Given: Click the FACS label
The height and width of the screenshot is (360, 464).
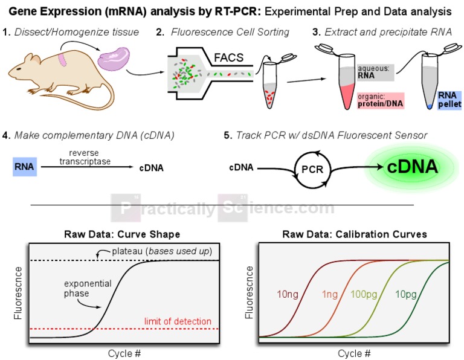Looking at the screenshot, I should (228, 58).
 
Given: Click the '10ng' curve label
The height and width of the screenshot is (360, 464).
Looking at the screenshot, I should (288, 295).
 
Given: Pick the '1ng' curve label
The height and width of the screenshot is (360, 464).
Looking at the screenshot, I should (330, 295).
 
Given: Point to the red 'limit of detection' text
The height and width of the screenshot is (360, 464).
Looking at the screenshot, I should (178, 321).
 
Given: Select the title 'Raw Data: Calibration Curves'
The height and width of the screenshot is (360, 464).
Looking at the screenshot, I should (355, 234).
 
